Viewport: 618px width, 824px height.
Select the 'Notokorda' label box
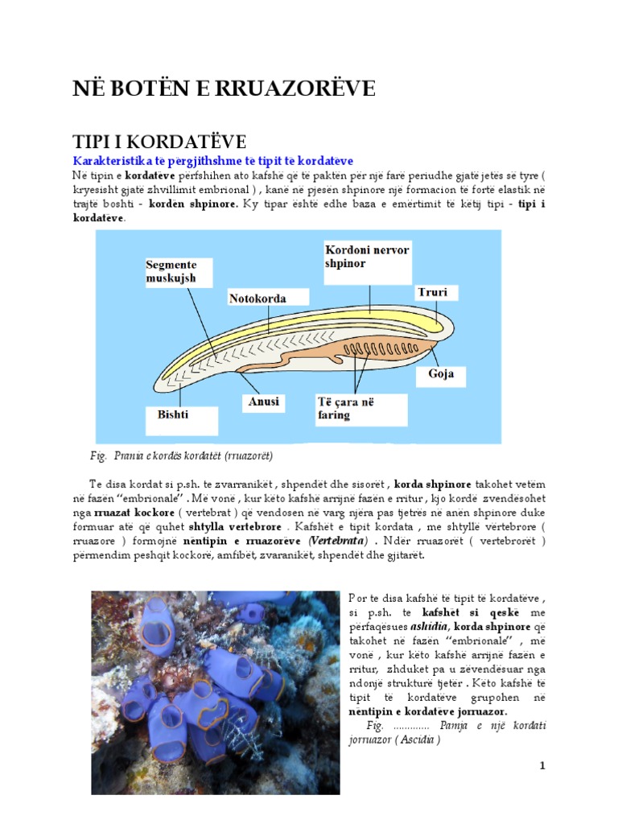pos(257,298)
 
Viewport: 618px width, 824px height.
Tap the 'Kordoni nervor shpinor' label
pos(368,257)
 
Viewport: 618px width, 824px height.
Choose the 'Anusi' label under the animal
pos(263,400)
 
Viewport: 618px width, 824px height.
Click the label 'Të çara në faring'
pos(346,408)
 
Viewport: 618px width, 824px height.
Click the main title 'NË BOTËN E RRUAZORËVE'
pos(224,90)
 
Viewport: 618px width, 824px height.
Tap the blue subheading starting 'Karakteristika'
pos(212,161)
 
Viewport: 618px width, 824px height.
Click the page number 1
pos(542,765)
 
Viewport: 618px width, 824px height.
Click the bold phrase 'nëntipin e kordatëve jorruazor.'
pos(428,712)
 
